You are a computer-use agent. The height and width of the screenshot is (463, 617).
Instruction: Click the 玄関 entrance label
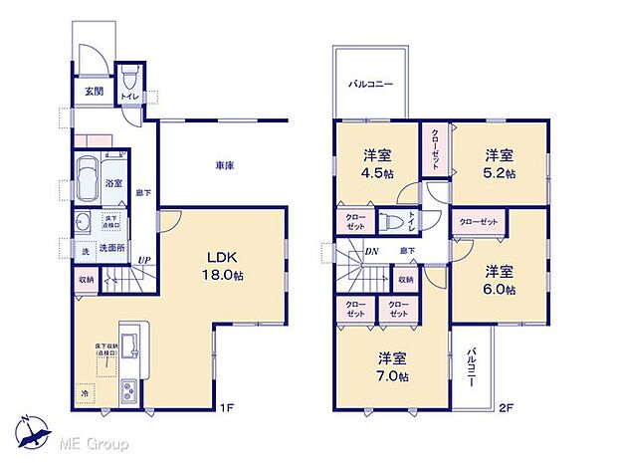93,92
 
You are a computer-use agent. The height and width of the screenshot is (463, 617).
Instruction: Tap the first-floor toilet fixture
127,79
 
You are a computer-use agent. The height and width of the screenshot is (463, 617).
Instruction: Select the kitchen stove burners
129,392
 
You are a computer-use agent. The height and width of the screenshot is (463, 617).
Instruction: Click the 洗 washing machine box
85,251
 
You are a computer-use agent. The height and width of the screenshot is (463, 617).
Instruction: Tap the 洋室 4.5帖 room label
374,163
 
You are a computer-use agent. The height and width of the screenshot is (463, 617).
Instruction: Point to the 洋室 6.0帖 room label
500,280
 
